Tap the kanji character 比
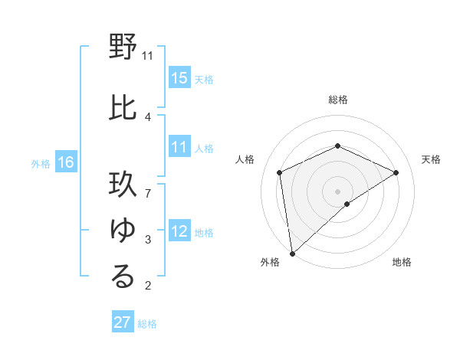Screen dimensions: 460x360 pos(123,106)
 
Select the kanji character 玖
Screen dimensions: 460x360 pos(123,188)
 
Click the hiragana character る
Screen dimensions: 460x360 pos(123,277)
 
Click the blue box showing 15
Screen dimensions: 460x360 pos(179,78)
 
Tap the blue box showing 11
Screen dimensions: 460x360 pos(179,148)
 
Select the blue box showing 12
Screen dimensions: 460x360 pos(179,232)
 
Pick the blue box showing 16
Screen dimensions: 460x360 pos(66,162)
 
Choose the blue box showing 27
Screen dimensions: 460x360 pos(123,322)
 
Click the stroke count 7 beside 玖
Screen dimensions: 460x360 pos(147,185)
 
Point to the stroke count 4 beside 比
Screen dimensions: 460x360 pos(147,116)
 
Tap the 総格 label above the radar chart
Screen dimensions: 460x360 pos(338,100)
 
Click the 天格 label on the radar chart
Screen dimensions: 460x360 pos(432,159)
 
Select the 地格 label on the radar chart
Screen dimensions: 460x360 pos(402,262)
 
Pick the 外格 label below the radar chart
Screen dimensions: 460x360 pos(270,262)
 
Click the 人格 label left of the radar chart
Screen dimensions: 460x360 pos(245,159)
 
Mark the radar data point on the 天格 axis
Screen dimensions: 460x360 pos(396,172)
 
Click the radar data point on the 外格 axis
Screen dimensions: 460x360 pos(292,253)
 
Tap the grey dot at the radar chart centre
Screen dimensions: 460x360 pos(338,191)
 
